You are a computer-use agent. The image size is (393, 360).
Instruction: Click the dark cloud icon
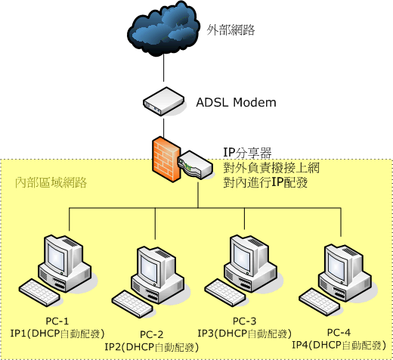(x=163, y=29)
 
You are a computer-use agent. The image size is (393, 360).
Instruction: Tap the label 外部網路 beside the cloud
(x=231, y=29)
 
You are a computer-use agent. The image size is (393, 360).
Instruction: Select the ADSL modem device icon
(x=164, y=101)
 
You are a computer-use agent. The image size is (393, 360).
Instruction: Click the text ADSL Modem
(x=236, y=102)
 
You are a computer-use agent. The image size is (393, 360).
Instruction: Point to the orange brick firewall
(x=166, y=159)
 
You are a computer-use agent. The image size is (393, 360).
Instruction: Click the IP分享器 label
(x=247, y=153)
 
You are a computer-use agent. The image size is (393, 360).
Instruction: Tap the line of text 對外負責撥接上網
(x=271, y=168)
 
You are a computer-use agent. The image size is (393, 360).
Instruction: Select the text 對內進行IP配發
(x=265, y=182)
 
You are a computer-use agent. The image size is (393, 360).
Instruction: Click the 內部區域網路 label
(x=51, y=182)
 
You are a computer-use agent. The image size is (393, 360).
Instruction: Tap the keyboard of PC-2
(x=132, y=304)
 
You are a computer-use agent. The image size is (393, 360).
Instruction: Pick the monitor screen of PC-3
(x=242, y=258)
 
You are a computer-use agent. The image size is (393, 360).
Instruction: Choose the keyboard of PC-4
(x=320, y=302)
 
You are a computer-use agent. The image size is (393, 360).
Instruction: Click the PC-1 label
(x=57, y=321)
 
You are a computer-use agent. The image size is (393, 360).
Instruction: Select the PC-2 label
(x=152, y=334)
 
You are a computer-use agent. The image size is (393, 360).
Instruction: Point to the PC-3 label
(x=244, y=321)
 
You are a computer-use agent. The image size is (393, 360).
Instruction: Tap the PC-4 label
(x=339, y=333)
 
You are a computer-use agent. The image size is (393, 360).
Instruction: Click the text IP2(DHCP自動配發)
(x=152, y=347)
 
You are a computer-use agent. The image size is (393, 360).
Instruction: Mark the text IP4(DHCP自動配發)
(x=339, y=345)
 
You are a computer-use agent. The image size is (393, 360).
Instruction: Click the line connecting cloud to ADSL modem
(x=164, y=67)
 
